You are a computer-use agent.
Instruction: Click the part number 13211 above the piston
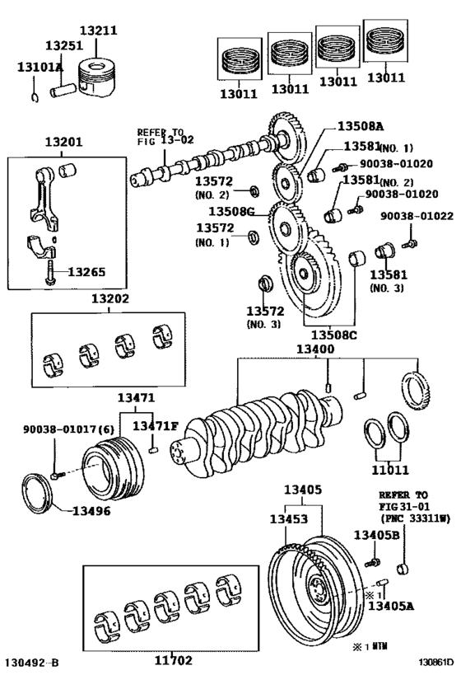pyautogui.click(x=98, y=30)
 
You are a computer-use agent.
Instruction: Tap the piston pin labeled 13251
pyautogui.click(x=63, y=91)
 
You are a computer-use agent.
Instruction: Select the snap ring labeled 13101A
pyautogui.click(x=35, y=97)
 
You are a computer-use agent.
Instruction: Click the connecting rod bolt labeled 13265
pyautogui.click(x=50, y=272)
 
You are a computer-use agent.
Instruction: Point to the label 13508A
pyautogui.click(x=361, y=126)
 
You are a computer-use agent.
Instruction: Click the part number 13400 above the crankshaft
pyautogui.click(x=314, y=349)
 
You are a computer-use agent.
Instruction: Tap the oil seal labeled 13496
pyautogui.click(x=37, y=494)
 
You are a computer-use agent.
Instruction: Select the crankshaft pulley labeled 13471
pyautogui.click(x=113, y=468)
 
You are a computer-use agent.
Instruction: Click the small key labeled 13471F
pyautogui.click(x=153, y=450)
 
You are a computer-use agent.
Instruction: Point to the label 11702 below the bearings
pyautogui.click(x=174, y=660)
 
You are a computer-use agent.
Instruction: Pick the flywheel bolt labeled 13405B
pyautogui.click(x=372, y=562)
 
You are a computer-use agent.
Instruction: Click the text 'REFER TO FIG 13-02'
pyautogui.click(x=165, y=137)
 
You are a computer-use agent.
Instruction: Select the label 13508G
pyautogui.click(x=231, y=211)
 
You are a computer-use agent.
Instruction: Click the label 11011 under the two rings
pyautogui.click(x=390, y=469)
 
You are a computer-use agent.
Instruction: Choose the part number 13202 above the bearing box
pyautogui.click(x=109, y=298)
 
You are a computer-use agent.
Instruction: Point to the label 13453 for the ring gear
pyautogui.click(x=289, y=519)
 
